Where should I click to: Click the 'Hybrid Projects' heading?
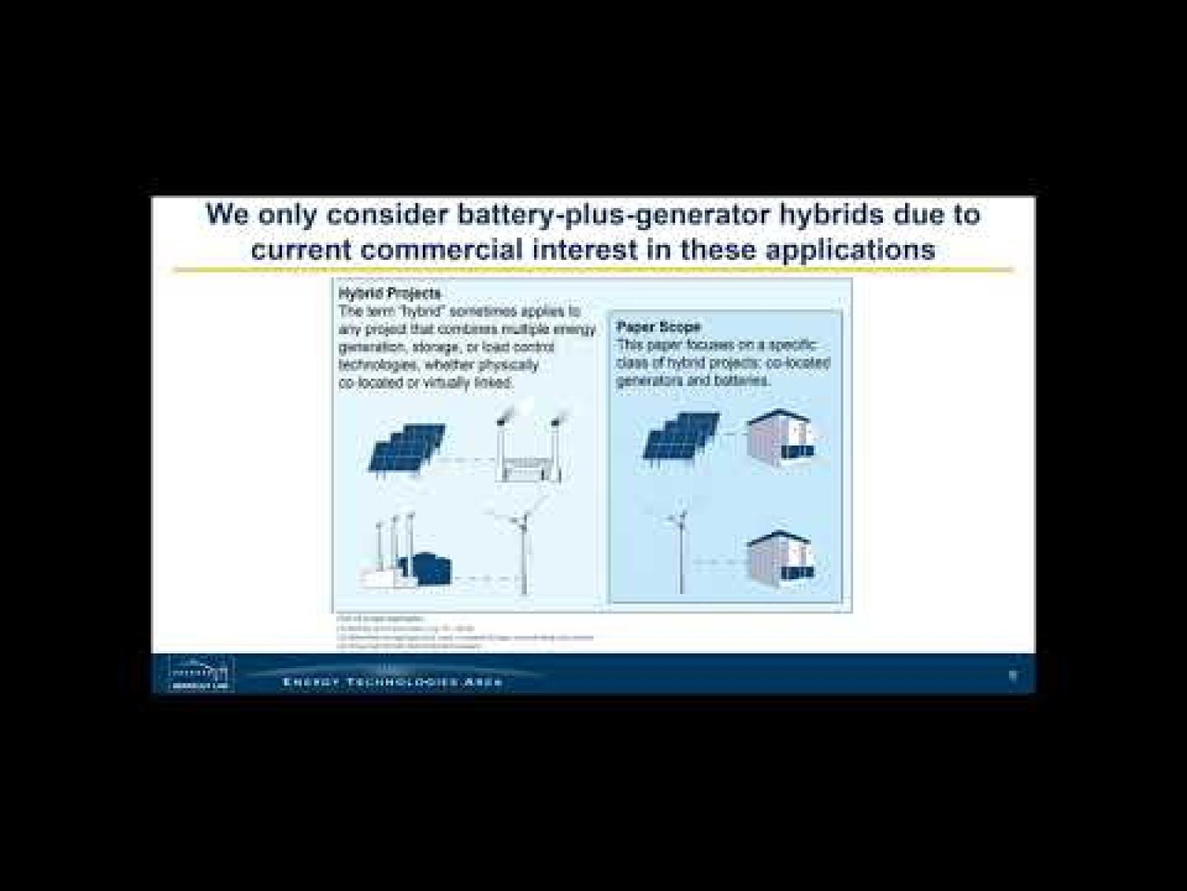point(389,293)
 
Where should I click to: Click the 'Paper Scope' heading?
point(658,327)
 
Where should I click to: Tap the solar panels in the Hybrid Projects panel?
point(407,448)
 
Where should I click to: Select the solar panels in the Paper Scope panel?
point(680,438)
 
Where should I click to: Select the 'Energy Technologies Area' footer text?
point(392,682)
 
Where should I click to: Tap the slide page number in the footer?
point(1013,675)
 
